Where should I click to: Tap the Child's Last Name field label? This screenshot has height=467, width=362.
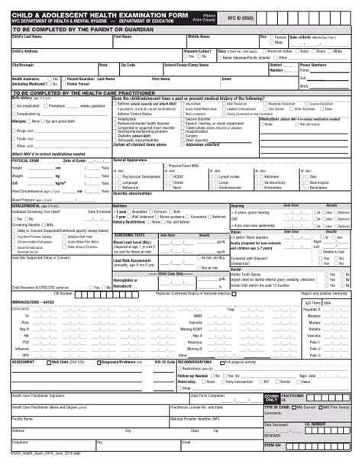[x=27, y=36]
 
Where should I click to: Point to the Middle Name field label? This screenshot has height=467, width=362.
[x=199, y=36]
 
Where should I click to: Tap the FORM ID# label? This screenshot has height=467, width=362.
[x=273, y=444]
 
